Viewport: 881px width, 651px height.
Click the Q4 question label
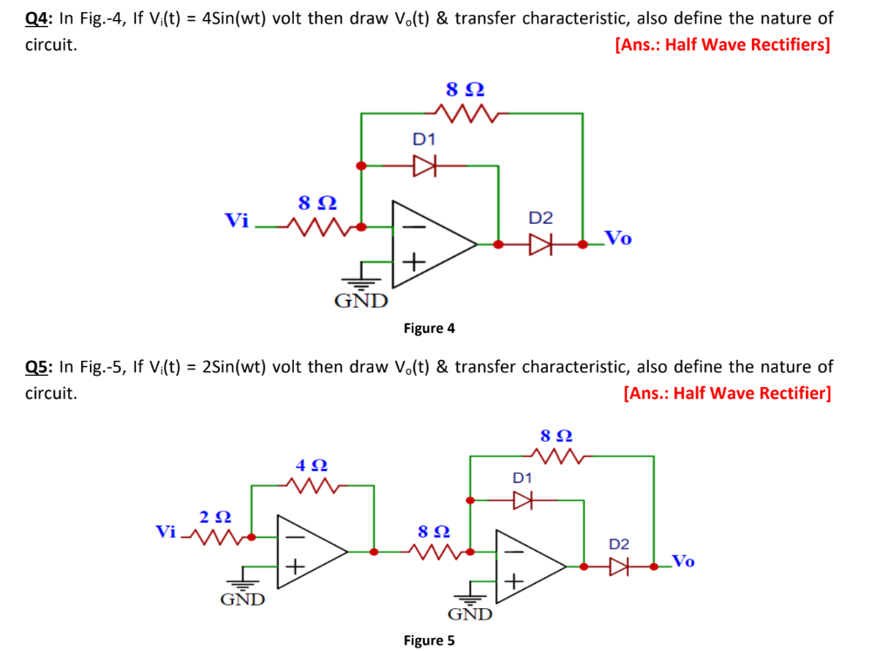pyautogui.click(x=38, y=18)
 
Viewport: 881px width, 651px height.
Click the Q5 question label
pyautogui.click(x=38, y=367)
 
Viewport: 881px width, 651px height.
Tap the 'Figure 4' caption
pyautogui.click(x=428, y=329)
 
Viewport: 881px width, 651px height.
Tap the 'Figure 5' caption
pyautogui.click(x=428, y=641)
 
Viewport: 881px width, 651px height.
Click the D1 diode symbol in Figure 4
pyautogui.click(x=424, y=165)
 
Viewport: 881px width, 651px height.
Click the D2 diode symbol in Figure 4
pyautogui.click(x=542, y=245)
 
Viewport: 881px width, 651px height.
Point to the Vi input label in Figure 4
pyautogui.click(x=236, y=220)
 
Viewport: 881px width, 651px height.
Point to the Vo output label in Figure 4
pyautogui.click(x=618, y=238)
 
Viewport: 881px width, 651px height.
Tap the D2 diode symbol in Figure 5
pyautogui.click(x=618, y=566)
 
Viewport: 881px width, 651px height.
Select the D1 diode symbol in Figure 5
pyautogui.click(x=522, y=500)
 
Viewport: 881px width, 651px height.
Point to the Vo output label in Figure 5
pyautogui.click(x=683, y=560)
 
